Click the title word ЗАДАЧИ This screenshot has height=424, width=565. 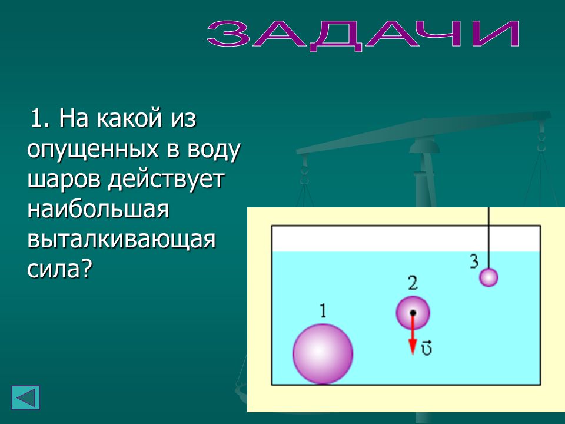363,35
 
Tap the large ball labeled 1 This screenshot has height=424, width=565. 323,354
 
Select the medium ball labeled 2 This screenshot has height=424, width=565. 413,313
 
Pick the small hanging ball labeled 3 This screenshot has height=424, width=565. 488,277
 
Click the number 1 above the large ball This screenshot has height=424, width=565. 323,310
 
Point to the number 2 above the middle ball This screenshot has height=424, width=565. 413,283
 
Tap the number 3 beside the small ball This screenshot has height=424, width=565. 474,261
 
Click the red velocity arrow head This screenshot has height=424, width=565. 413,347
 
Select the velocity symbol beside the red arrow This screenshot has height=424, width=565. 427,347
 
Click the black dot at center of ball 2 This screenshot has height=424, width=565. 413,313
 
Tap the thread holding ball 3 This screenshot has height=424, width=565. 488,238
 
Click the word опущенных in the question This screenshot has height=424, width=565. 93,149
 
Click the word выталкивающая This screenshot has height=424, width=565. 121,239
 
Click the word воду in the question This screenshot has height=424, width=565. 213,149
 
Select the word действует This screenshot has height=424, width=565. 167,179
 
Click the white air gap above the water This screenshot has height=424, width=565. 406,238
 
